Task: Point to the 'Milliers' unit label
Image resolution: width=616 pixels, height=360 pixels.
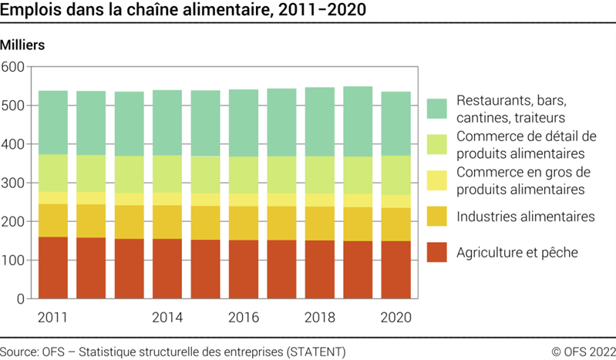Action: tap(23, 45)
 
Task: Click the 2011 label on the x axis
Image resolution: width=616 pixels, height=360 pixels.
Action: tap(52, 317)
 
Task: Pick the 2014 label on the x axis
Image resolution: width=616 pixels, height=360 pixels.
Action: tap(167, 317)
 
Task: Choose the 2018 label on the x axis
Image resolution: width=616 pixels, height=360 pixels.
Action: tap(320, 317)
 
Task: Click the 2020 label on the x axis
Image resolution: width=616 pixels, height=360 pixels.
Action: tap(396, 317)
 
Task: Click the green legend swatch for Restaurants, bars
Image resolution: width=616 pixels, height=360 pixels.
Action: tap(436, 109)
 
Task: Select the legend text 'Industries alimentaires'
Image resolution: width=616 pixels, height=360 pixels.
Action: tap(525, 217)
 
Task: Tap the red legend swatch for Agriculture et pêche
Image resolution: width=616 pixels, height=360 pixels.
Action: tap(436, 252)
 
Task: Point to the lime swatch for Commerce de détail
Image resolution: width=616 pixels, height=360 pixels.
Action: tap(436, 144)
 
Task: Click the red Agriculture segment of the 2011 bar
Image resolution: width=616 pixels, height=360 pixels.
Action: tap(52, 267)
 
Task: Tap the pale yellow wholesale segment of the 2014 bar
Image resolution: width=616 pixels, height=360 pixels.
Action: tap(167, 199)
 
